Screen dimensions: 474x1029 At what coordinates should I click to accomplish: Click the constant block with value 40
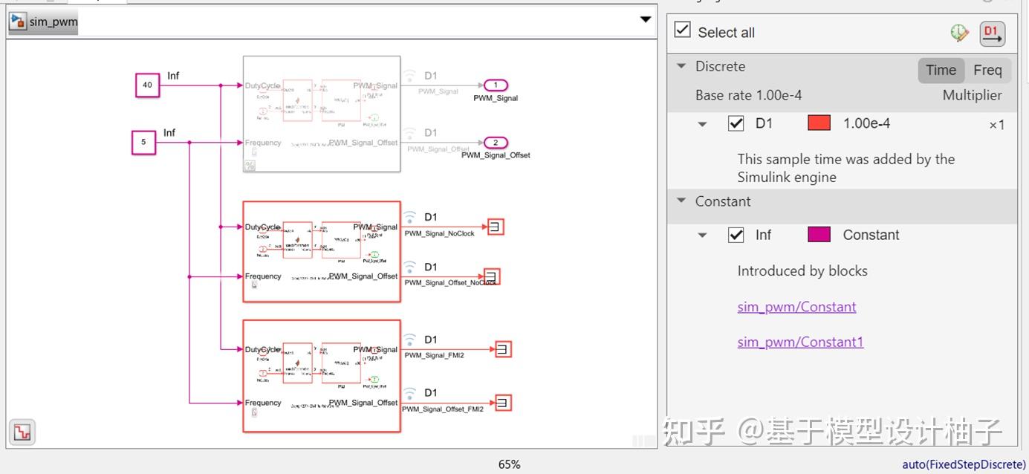tap(147, 85)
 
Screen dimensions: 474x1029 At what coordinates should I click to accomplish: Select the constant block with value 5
tap(143, 142)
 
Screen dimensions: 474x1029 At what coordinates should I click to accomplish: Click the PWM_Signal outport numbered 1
tap(496, 85)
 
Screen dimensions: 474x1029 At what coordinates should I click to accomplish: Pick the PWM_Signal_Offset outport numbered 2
tap(496, 143)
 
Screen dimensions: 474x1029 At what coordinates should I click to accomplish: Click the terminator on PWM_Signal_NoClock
tap(496, 227)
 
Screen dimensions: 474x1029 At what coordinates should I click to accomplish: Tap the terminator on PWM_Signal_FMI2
tap(503, 348)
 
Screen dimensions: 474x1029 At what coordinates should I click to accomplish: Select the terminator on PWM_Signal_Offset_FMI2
tap(503, 403)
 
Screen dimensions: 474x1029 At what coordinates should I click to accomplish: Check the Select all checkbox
tap(682, 30)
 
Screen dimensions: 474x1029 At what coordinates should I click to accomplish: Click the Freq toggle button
tap(987, 71)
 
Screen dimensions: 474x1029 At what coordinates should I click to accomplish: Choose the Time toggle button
tap(941, 71)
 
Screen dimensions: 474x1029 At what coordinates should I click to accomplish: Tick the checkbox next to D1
tap(736, 123)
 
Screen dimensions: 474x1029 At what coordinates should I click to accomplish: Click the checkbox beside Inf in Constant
tap(736, 235)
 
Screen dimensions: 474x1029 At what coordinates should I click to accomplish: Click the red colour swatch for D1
tap(819, 123)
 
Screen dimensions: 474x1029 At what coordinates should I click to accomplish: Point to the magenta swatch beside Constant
tap(819, 235)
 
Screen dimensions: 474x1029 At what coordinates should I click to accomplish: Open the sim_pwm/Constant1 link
tap(800, 342)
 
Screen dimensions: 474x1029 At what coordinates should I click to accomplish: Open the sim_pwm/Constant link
tap(796, 307)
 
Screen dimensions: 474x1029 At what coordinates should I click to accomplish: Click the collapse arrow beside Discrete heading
tap(681, 66)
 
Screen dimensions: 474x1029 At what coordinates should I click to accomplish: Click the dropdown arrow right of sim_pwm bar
tap(645, 20)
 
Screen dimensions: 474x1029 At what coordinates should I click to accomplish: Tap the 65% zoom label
tap(509, 464)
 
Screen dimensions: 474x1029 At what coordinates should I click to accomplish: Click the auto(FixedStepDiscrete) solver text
tap(964, 464)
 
